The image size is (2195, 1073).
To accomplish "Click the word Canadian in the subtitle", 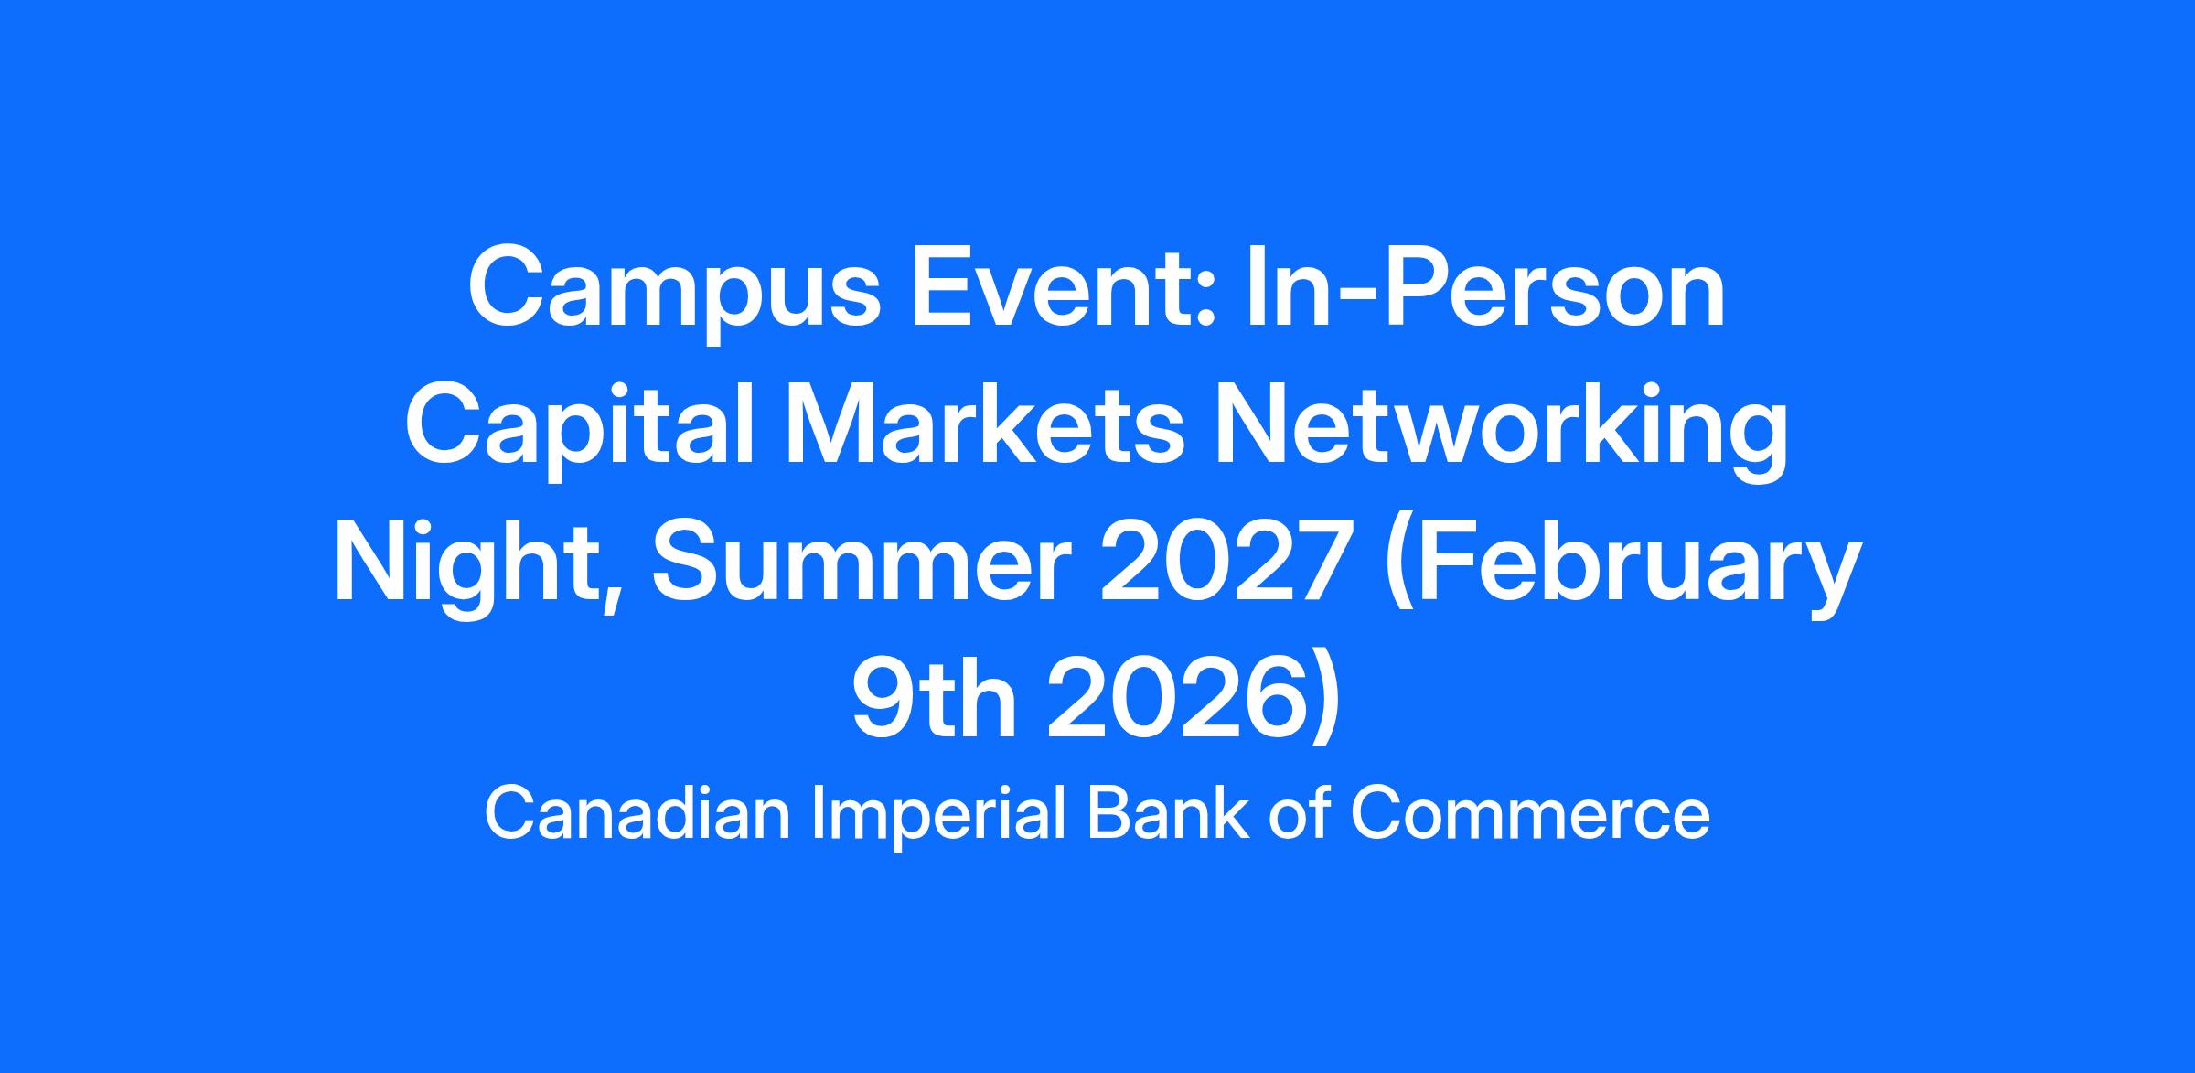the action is pos(637,814).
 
